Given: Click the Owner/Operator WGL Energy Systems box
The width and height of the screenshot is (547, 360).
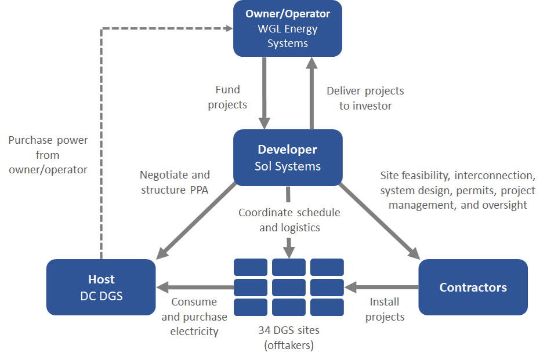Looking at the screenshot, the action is [x=288, y=28].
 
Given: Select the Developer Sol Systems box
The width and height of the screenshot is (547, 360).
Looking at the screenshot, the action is [x=288, y=158].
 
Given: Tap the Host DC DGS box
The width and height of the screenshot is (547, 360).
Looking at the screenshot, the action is [x=101, y=287].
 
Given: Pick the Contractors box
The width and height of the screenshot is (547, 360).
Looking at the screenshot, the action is [x=473, y=287].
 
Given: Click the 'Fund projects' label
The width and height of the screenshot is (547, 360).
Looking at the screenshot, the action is [x=227, y=97].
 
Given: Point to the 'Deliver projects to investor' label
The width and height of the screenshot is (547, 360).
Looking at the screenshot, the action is [x=365, y=99].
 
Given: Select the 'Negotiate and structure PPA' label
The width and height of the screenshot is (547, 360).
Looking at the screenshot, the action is [x=175, y=182].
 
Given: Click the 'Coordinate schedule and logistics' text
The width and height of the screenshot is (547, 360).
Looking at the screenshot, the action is [x=289, y=220].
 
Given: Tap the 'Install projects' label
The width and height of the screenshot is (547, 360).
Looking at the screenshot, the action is [x=385, y=309].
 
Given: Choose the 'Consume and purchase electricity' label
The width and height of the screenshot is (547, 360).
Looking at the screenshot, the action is [x=194, y=317].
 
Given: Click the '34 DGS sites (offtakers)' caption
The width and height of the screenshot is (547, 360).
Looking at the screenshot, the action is [x=289, y=337].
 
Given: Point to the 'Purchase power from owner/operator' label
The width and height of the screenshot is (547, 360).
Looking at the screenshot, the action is [x=48, y=155].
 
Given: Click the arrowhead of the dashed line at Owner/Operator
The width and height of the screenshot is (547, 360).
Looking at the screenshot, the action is [x=230, y=28].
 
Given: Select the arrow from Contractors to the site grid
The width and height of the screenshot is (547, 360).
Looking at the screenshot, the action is [x=382, y=288].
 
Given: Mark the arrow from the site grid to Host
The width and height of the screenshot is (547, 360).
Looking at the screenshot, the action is [x=195, y=288].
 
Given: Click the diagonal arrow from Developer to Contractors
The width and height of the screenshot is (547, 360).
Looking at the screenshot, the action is [x=379, y=221].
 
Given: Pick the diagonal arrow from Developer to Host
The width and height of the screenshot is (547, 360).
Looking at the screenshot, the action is [x=197, y=221].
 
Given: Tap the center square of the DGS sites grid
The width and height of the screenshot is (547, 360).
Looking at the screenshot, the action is [x=289, y=287].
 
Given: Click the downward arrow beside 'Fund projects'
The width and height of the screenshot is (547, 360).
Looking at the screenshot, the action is [x=265, y=93].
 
